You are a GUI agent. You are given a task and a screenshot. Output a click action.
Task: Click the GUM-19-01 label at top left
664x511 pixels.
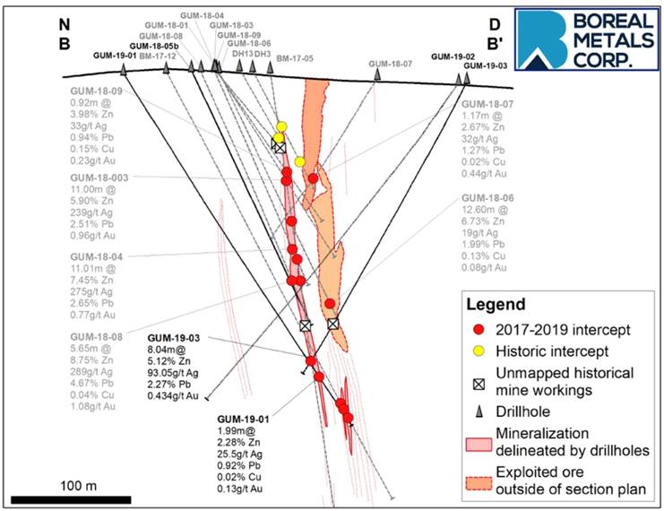point(115,56)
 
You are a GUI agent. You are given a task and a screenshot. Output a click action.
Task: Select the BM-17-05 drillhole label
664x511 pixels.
point(296,59)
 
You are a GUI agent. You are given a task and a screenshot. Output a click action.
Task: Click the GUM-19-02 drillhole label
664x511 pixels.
point(451,56)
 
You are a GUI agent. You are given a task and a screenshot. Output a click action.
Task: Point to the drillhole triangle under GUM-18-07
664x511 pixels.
point(377,77)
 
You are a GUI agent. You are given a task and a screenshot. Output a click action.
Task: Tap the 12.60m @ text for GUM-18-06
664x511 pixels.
point(485,210)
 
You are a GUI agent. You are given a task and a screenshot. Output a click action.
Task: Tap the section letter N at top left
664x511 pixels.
point(65,23)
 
